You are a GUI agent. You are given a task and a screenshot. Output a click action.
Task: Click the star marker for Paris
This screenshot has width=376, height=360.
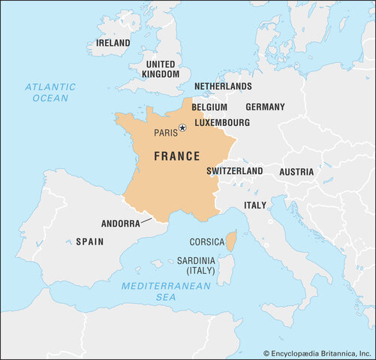tap(182, 128)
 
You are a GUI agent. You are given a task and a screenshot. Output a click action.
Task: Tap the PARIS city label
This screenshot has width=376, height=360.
tap(166, 133)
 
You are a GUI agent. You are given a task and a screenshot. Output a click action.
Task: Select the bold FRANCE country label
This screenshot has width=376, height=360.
tap(176, 157)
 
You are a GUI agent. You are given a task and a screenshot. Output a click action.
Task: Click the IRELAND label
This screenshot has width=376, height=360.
tap(113, 43)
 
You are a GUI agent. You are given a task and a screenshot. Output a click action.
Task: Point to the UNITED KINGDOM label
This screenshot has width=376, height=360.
tap(161, 69)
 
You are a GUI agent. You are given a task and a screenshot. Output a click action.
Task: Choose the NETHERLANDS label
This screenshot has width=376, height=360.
tap(223, 87)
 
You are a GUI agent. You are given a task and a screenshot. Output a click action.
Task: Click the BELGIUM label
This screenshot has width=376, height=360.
tap(209, 107)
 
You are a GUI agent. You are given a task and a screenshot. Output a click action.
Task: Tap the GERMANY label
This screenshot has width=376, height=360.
tap(265, 107)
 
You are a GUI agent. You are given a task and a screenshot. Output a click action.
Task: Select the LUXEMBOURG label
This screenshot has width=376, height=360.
tap(222, 122)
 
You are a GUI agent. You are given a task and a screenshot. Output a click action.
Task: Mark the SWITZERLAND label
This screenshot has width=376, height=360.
tap(234, 171)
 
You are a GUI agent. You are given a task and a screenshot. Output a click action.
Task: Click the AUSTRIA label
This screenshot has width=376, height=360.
tap(296, 172)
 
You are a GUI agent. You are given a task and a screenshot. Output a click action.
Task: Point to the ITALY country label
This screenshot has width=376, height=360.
tap(254, 205)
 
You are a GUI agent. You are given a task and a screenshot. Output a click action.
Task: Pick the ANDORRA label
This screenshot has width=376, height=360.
tap(120, 223)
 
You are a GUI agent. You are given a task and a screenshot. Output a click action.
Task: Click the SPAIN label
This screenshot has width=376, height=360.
tap(89, 242)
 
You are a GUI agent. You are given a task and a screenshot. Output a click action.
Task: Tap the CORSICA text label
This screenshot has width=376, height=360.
tap(206, 242)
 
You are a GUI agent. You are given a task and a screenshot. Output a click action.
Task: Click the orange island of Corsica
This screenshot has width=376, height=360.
tap(232, 241)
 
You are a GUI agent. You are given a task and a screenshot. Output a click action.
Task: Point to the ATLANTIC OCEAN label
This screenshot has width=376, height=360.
tap(50, 92)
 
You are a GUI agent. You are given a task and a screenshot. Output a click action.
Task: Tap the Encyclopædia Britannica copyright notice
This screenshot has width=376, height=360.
tap(317, 352)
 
